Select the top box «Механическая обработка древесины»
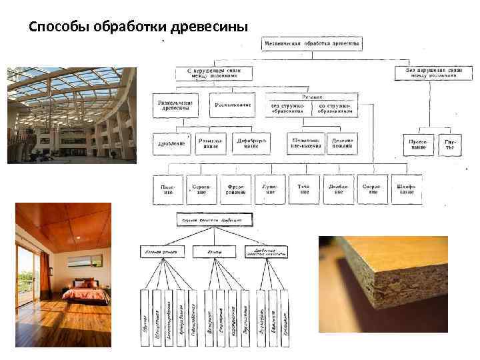pyautogui.click(x=311, y=44)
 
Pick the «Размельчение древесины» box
pyautogui.click(x=175, y=106)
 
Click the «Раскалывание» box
pyautogui.click(x=232, y=105)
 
